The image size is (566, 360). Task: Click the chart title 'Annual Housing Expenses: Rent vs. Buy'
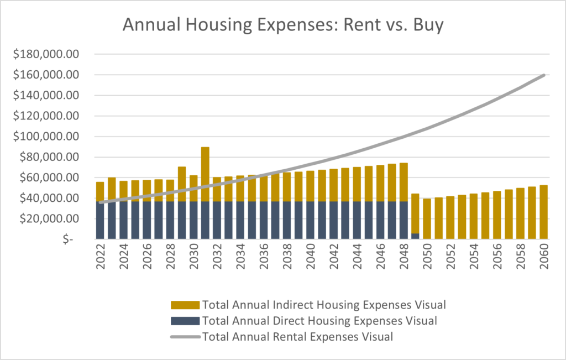(x=282, y=25)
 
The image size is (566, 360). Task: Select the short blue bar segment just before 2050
(x=415, y=236)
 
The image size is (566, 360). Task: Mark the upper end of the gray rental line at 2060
(x=544, y=75)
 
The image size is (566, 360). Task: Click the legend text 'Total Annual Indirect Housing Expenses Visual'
(x=324, y=304)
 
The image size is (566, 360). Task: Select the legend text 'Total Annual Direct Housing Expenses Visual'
(x=319, y=320)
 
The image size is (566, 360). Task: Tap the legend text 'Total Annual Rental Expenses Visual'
(x=297, y=336)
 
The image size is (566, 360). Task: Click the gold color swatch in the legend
(x=185, y=305)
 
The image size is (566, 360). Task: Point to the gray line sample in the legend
(x=185, y=336)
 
